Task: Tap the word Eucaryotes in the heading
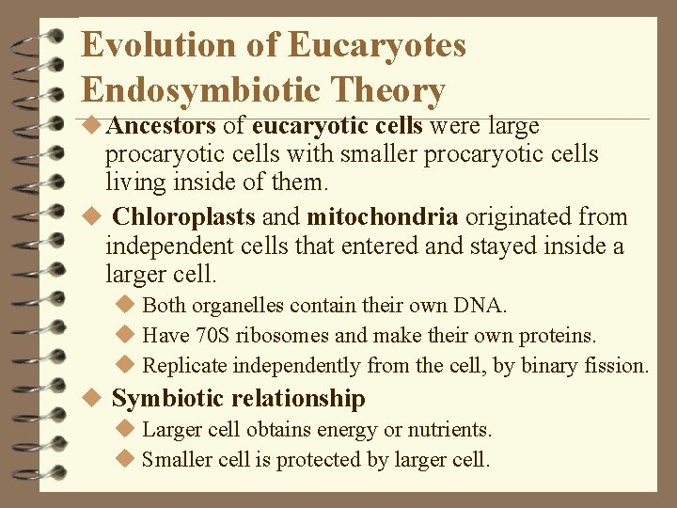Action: [x=377, y=45]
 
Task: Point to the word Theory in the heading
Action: [x=391, y=90]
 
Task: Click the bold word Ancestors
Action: [x=161, y=125]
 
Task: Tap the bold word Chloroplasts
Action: [x=184, y=216]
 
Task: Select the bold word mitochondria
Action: [x=383, y=216]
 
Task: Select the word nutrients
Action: [x=447, y=430]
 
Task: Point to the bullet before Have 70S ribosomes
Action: [x=126, y=336]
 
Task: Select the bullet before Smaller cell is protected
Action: [x=126, y=460]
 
